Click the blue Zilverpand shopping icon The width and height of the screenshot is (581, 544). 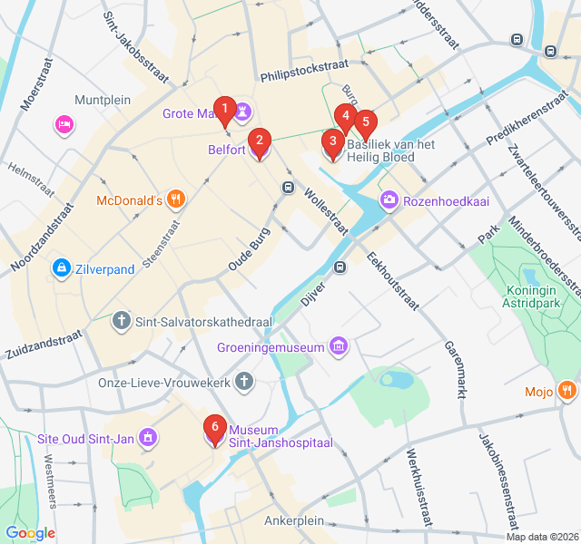point(61,268)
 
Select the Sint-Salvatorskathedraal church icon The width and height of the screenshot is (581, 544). point(122,321)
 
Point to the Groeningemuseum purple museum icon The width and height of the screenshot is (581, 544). point(339,346)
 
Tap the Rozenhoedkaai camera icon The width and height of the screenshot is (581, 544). point(389,199)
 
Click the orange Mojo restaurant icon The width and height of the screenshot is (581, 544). point(567,392)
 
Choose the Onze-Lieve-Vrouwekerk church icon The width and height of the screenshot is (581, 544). point(243,383)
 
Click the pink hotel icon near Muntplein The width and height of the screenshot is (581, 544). point(64,124)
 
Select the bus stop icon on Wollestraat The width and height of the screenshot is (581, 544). point(288,188)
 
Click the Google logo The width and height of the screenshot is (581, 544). point(30,533)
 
